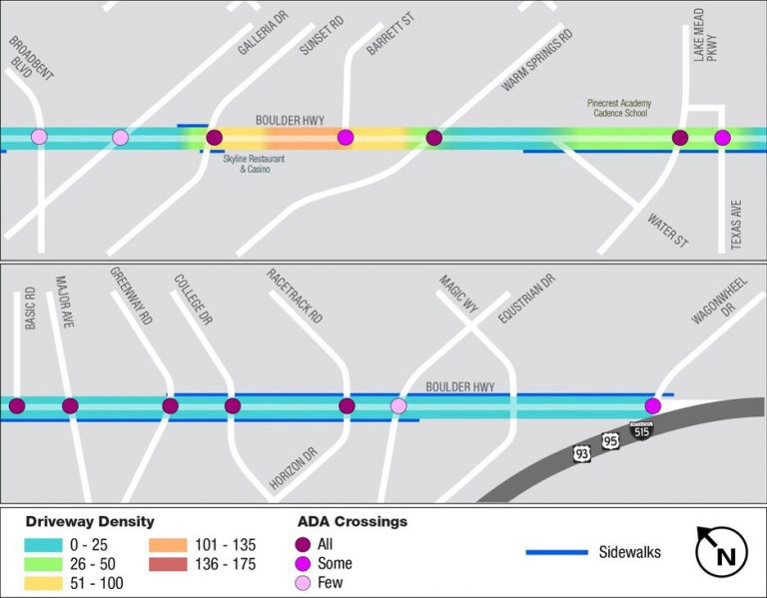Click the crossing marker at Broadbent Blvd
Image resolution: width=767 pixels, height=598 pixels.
tap(39, 137)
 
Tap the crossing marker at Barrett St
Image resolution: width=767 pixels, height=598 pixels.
tap(346, 137)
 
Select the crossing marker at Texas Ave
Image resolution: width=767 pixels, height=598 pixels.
tap(722, 137)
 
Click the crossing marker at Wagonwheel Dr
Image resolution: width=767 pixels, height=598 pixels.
tap(652, 405)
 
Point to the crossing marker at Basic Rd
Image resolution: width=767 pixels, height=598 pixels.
tap(17, 405)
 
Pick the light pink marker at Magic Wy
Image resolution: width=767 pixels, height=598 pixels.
tap(398, 405)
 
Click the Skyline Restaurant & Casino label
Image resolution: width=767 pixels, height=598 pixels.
tap(247, 164)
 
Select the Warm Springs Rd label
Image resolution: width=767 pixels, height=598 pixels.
tap(537, 61)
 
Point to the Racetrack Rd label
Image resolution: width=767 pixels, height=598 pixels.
tap(295, 296)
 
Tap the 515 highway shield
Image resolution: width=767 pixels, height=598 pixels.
tap(641, 430)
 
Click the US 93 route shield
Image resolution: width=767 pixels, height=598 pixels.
tap(581, 454)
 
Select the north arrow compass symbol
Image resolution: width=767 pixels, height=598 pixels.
tap(722, 552)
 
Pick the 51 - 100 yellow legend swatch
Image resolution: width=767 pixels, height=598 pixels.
tap(43, 583)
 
